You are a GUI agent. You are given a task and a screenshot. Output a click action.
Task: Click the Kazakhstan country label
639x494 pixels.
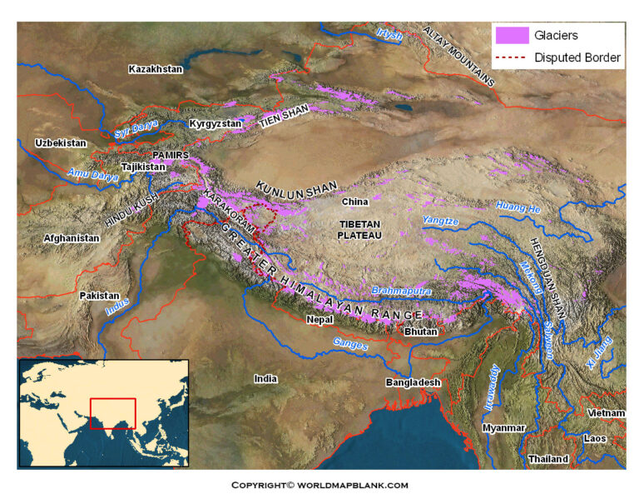156,69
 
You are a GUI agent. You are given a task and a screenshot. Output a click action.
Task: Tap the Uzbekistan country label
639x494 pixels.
61,143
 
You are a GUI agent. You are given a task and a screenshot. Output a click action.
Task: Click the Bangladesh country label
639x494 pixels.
412,382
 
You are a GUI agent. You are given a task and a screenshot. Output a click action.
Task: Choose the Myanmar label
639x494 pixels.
504,427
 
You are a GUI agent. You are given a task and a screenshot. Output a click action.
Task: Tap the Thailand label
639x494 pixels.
548,459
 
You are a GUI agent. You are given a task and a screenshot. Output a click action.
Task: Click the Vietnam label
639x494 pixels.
605,413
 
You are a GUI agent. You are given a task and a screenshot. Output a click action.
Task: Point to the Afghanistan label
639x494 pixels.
72,238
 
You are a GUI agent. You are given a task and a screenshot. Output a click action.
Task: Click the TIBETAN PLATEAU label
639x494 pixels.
359,231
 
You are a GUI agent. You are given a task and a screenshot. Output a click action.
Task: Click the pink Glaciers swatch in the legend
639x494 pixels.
512,36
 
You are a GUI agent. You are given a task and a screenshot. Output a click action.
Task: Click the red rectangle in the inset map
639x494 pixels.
112,413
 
